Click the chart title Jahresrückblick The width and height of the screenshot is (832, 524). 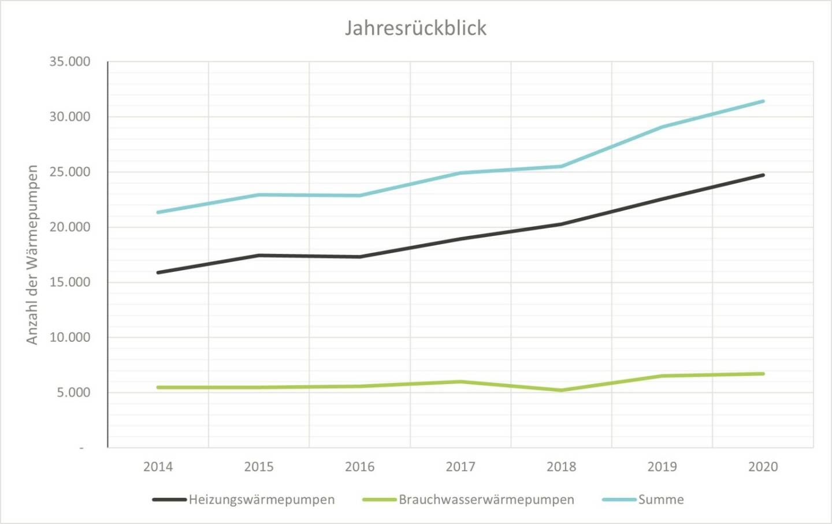click(415, 28)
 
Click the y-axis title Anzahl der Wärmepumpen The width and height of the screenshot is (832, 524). click(32, 254)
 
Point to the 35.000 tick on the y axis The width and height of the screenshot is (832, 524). click(70, 62)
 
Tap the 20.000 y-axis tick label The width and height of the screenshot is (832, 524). click(70, 227)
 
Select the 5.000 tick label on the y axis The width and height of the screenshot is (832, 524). click(73, 393)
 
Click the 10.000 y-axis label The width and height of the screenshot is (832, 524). click(70, 337)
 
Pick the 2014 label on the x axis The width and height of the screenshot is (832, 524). click(158, 467)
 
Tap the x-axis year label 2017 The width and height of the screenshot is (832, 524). click(460, 467)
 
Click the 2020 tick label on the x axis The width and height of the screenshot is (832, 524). click(763, 467)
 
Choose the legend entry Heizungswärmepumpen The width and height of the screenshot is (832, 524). click(261, 500)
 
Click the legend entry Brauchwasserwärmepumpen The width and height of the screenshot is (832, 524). click(486, 500)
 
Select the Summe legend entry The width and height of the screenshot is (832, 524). click(660, 500)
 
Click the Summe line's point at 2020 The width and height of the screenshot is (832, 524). click(763, 101)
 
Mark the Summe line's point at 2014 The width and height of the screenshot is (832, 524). click(158, 212)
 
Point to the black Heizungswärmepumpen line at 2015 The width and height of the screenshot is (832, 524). click(259, 255)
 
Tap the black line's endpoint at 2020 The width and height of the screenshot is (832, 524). click(763, 175)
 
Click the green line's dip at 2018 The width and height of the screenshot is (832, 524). click(561, 390)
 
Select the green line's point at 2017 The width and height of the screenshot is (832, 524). click(460, 382)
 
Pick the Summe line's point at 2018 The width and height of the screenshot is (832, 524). click(561, 167)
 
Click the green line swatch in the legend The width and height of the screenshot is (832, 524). click(380, 500)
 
